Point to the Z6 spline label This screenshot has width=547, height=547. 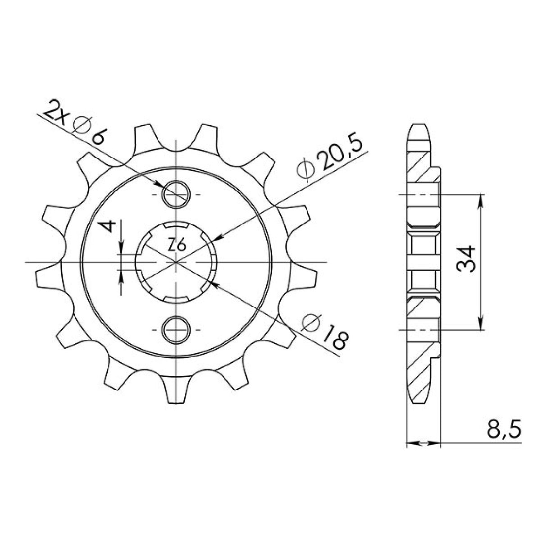coord(177,246)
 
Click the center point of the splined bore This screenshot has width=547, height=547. coord(176,261)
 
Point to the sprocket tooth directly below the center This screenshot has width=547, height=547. coord(176,387)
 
